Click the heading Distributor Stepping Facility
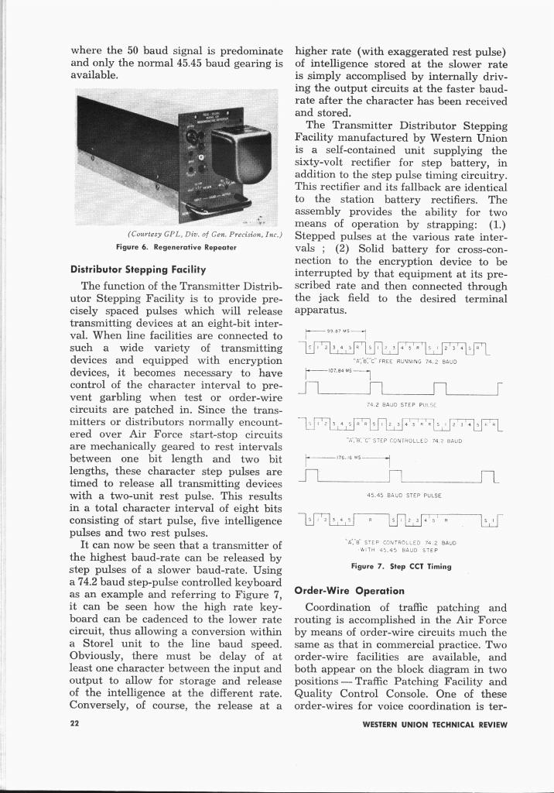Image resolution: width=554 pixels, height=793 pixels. (x=137, y=270)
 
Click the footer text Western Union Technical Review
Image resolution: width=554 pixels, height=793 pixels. (x=434, y=725)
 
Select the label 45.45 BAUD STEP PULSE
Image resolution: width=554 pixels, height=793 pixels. (x=403, y=495)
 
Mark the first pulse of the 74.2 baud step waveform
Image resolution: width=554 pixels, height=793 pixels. (x=315, y=385)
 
